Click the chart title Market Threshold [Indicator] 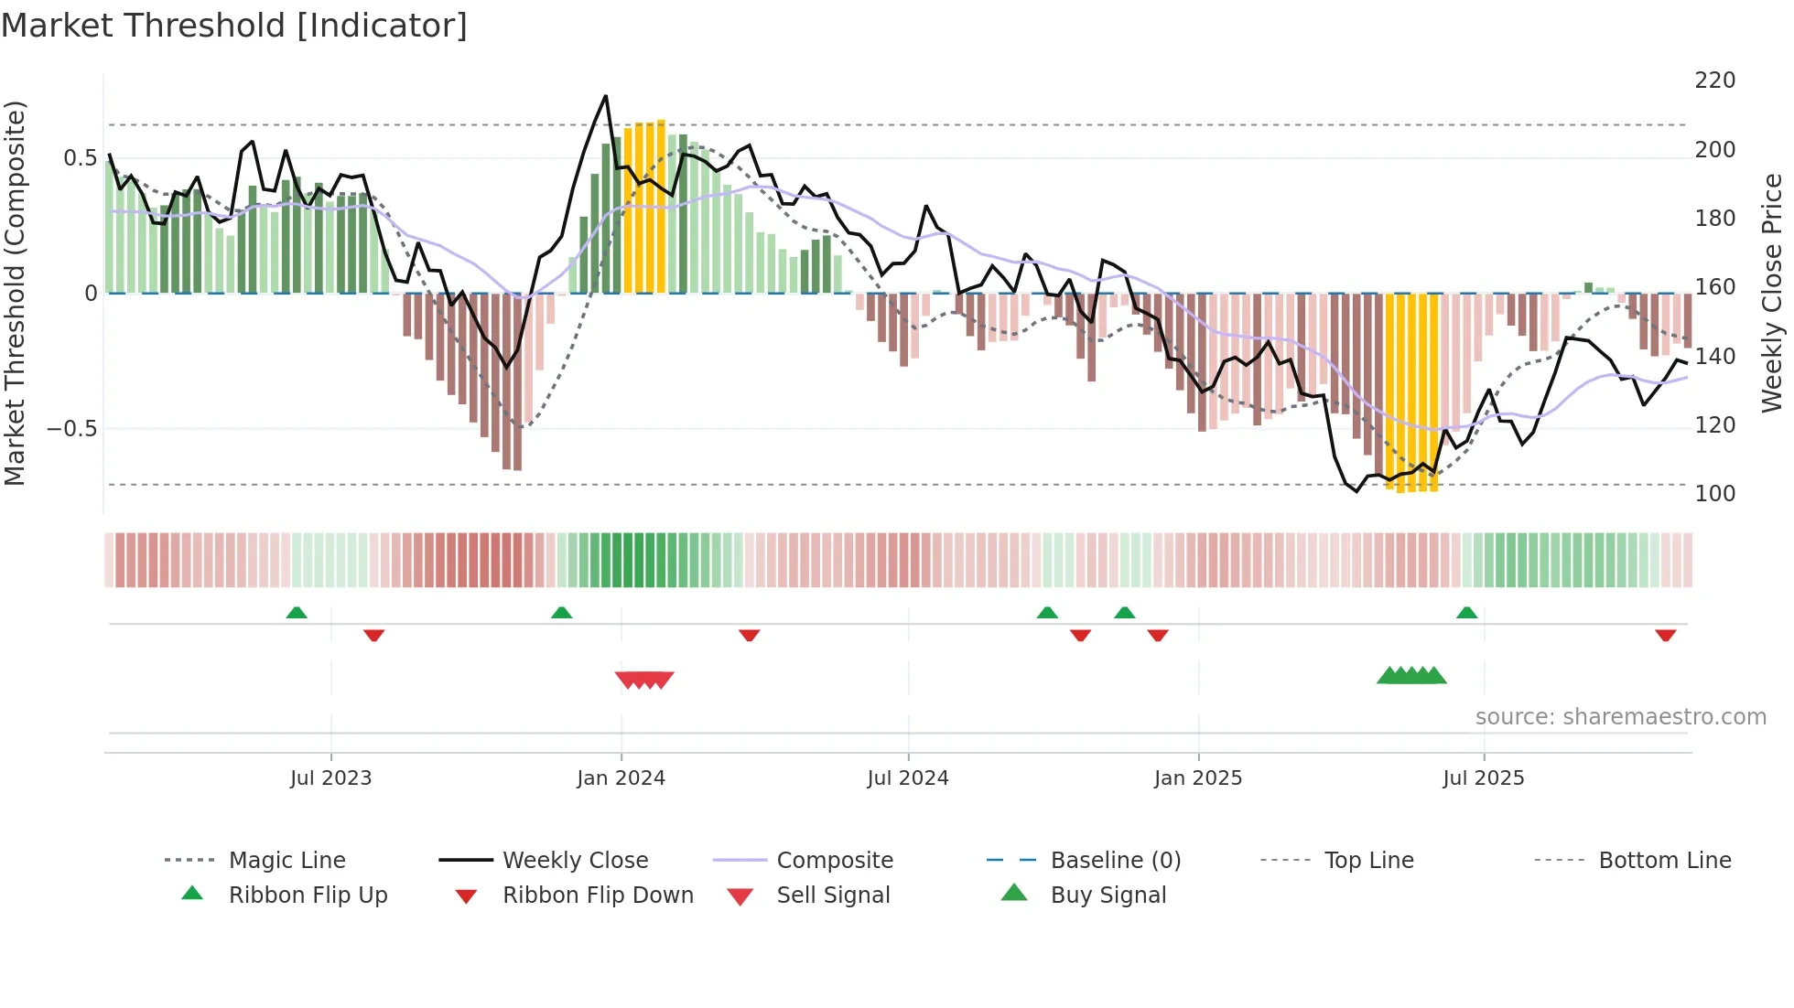click(234, 26)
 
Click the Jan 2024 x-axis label click(621, 778)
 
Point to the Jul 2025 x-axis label click(1483, 778)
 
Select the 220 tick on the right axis click(1714, 80)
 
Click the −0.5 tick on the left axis click(72, 429)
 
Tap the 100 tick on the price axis click(1714, 494)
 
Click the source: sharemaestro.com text click(1620, 717)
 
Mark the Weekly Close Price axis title click(1772, 293)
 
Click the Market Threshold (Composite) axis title click(15, 293)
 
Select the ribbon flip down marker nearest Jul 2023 click(373, 635)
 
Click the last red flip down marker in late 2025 click(1665, 635)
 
